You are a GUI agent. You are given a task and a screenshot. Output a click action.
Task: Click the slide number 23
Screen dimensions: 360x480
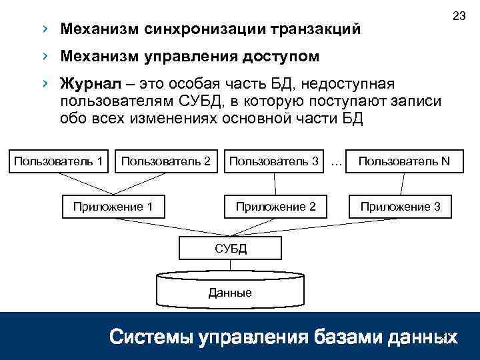point(458,15)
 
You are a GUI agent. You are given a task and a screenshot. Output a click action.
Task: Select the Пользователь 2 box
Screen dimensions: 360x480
point(166,161)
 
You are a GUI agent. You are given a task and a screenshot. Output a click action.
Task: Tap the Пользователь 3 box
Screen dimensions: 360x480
point(273,161)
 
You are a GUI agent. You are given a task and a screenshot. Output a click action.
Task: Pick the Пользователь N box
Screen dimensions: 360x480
point(405,161)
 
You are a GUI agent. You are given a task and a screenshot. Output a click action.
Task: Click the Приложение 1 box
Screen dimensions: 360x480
point(113,207)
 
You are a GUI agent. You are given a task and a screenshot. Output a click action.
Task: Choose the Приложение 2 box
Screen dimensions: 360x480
point(275,207)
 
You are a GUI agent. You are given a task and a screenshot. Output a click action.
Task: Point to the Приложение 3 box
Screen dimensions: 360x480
point(400,207)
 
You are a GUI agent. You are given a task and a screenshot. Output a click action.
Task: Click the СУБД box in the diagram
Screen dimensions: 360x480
point(231,249)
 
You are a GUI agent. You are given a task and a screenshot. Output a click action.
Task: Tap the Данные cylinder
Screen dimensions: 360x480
point(230,292)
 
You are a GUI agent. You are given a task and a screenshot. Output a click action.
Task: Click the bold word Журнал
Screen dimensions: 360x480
point(84,85)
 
